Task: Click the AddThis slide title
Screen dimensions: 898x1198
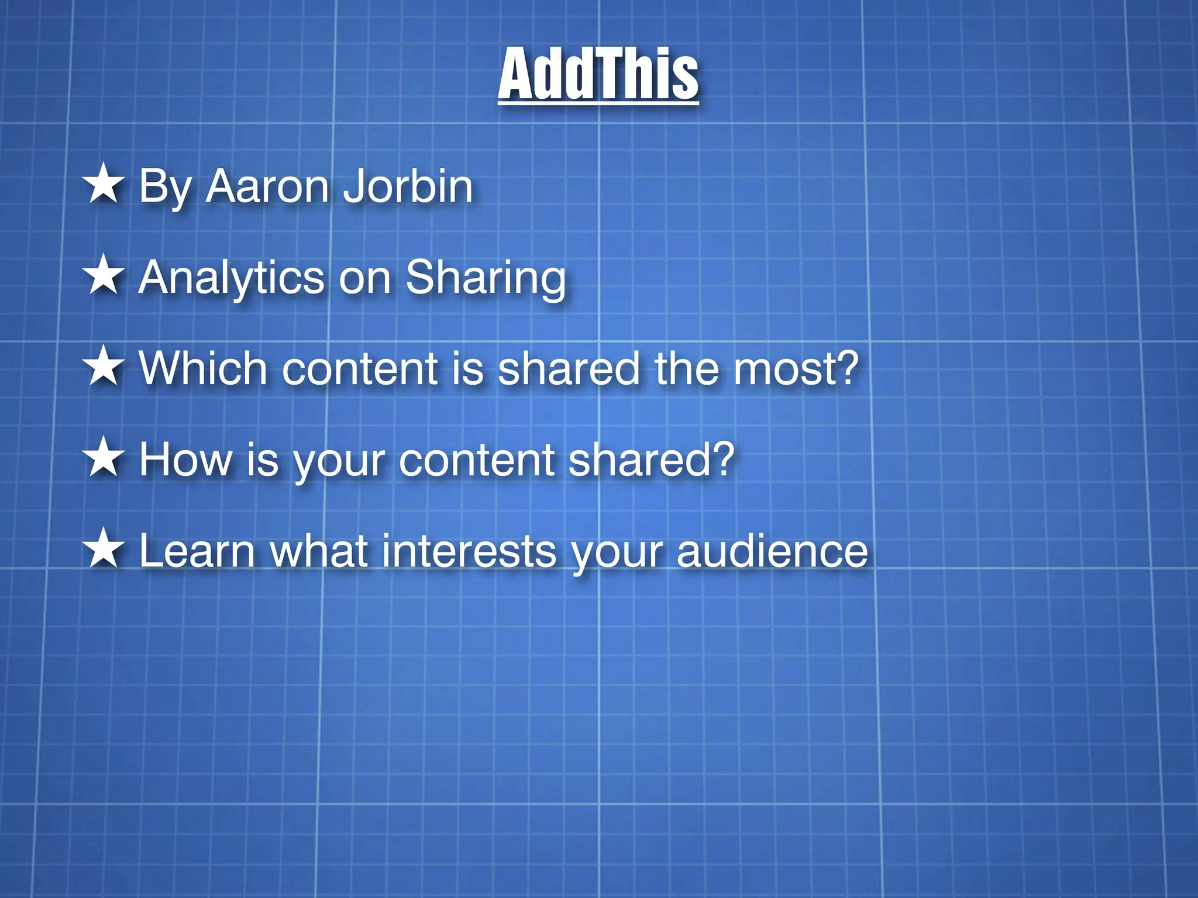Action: coord(598,74)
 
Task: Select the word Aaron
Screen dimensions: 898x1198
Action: coord(267,186)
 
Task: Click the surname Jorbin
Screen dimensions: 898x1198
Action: coord(407,186)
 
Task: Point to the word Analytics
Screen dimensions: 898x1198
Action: coord(231,278)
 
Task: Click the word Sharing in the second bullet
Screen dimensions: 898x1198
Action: coord(486,278)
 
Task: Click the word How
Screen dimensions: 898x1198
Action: coord(185,460)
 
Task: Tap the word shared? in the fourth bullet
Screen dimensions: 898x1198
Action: coord(651,460)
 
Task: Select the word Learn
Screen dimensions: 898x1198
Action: coord(197,551)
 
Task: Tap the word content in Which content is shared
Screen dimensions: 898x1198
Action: coord(359,369)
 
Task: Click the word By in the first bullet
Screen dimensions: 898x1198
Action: coord(165,188)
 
